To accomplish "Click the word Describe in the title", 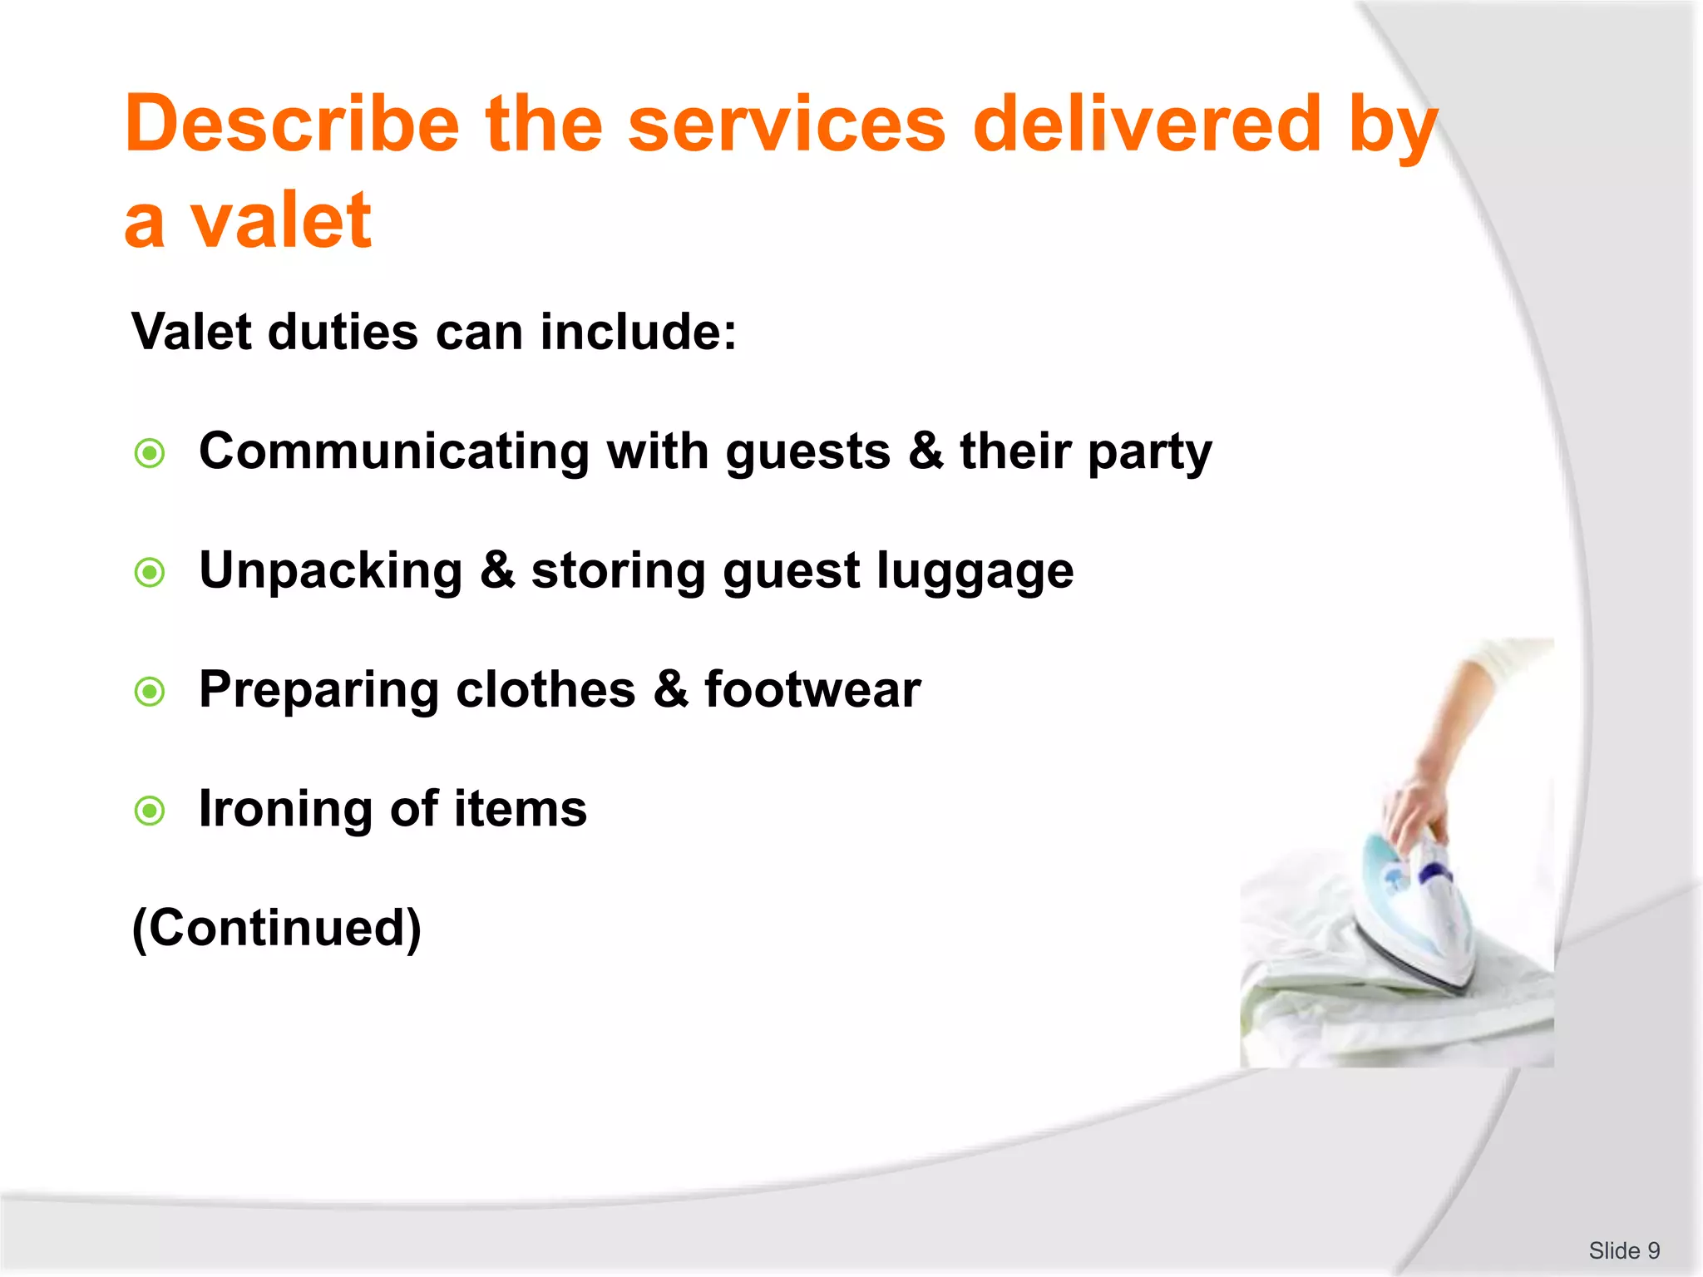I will pyautogui.click(x=291, y=125).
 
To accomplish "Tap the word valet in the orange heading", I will pyautogui.click(x=280, y=221).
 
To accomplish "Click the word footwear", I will pyautogui.click(x=812, y=690).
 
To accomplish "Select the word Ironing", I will pyautogui.click(x=285, y=809).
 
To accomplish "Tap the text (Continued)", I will pyautogui.click(x=277, y=928).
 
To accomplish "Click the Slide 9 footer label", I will pyautogui.click(x=1623, y=1250).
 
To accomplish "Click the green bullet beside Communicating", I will pyautogui.click(x=150, y=453).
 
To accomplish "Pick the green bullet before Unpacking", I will pyautogui.click(x=150, y=572).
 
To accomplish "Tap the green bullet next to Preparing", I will pyautogui.click(x=150, y=691).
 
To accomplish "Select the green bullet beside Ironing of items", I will pyautogui.click(x=150, y=810).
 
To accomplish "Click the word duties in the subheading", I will pyautogui.click(x=343, y=333).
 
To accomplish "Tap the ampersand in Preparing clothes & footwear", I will pyautogui.click(x=670, y=690).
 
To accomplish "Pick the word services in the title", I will pyautogui.click(x=787, y=125).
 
